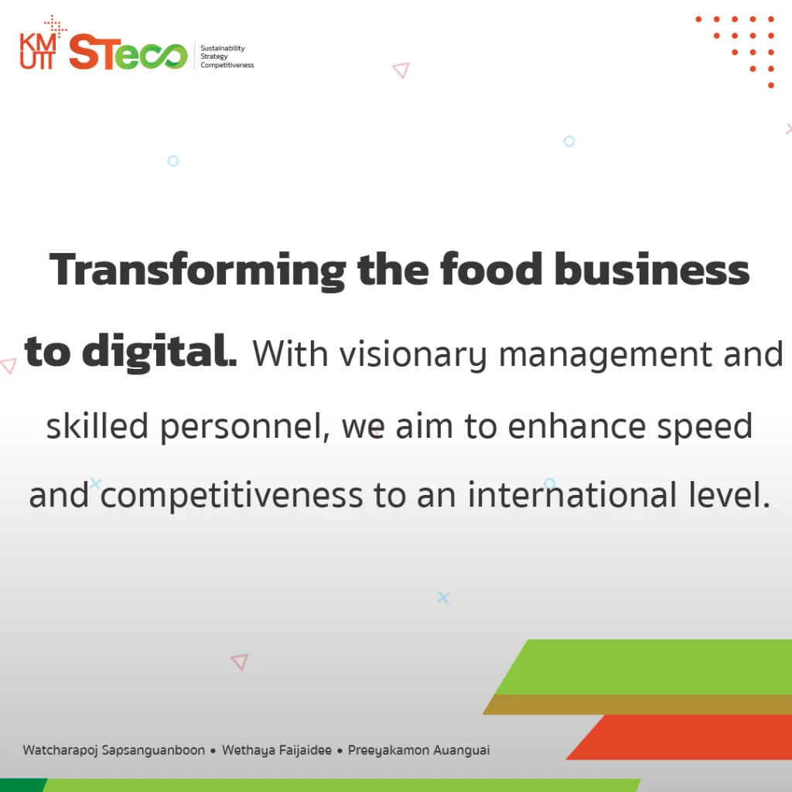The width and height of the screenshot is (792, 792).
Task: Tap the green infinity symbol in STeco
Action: click(x=164, y=56)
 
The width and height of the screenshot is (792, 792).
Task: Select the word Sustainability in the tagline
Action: click(x=223, y=48)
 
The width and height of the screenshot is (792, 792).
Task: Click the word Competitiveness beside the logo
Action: click(x=227, y=65)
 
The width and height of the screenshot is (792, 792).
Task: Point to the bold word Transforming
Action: click(x=197, y=271)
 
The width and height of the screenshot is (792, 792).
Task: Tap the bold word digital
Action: click(x=159, y=352)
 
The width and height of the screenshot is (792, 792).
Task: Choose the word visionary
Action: click(x=413, y=354)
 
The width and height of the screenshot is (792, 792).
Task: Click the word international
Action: click(x=572, y=494)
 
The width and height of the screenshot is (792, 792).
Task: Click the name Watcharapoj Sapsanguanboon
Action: click(x=114, y=750)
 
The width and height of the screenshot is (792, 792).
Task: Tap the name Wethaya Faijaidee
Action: click(x=277, y=750)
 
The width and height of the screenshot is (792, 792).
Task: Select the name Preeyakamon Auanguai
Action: click(x=418, y=750)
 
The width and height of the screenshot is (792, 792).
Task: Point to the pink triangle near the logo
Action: click(x=401, y=70)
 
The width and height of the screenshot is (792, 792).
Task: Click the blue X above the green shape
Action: click(x=443, y=598)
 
